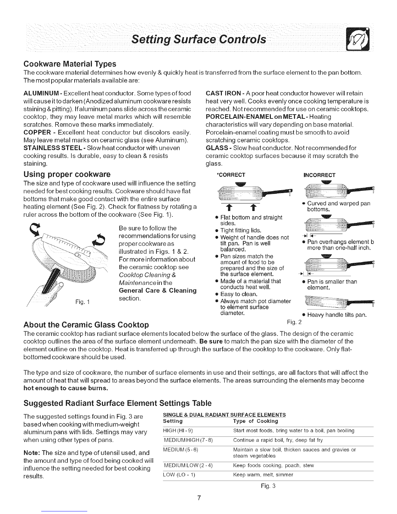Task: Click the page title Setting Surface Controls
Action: point(199,40)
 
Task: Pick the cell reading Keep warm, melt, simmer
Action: point(263,475)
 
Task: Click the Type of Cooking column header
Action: point(256,421)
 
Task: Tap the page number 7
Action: point(199,499)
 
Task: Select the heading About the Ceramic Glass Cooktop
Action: point(87,325)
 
